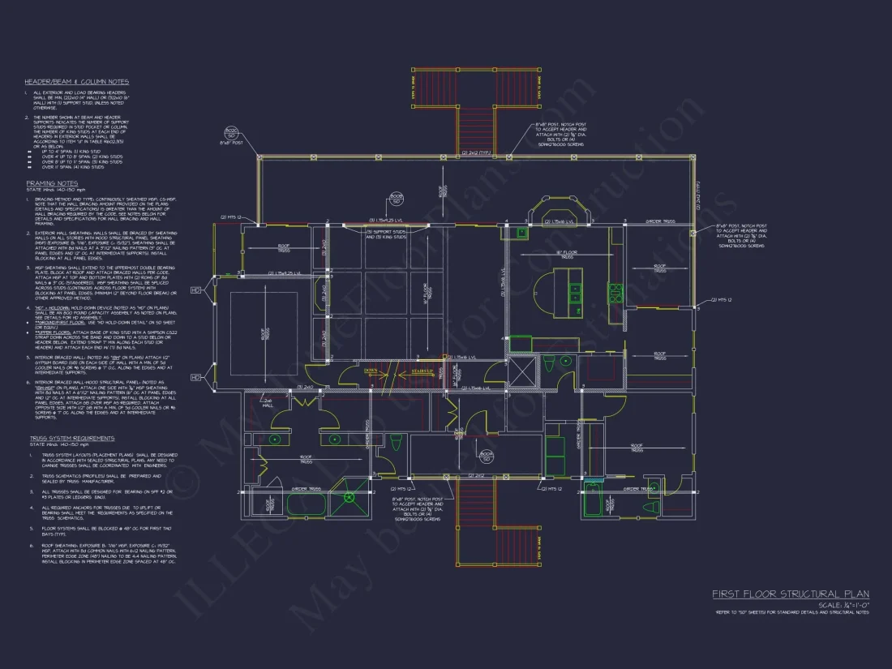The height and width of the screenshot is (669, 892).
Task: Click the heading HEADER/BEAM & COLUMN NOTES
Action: pyautogui.click(x=76, y=82)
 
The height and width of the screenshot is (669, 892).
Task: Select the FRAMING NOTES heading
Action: pyautogui.click(x=52, y=183)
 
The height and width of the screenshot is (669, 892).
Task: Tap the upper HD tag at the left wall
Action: pyautogui.click(x=194, y=289)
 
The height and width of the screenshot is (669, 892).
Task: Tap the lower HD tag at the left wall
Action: pyautogui.click(x=194, y=378)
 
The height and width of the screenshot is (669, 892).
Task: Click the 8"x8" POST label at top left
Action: pyautogui.click(x=231, y=143)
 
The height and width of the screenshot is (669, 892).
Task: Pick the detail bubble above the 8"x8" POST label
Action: pyautogui.click(x=230, y=131)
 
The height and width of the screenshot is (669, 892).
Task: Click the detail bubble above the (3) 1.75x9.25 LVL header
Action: pyautogui.click(x=397, y=197)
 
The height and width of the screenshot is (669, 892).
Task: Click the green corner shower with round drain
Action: pyautogui.click(x=350, y=497)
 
